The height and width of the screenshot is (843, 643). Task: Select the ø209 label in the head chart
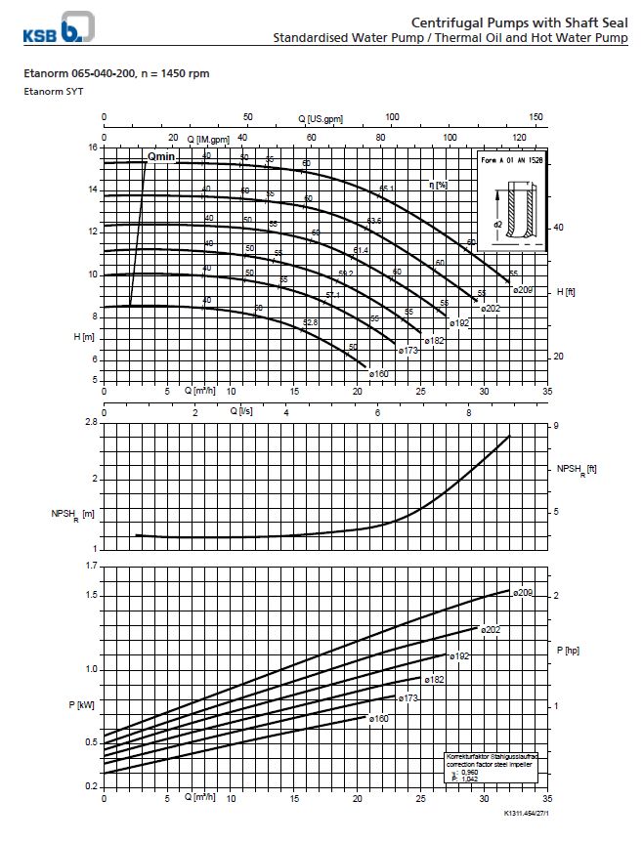click(522, 290)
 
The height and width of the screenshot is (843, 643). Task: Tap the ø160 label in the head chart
click(379, 373)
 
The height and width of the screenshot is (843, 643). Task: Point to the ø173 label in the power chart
click(408, 697)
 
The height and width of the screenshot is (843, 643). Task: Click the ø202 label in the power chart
click(491, 630)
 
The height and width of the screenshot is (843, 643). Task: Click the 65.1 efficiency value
click(387, 189)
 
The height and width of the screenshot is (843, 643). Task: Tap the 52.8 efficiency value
click(311, 322)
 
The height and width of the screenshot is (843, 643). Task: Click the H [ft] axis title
click(566, 292)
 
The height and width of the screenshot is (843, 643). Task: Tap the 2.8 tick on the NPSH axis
click(90, 422)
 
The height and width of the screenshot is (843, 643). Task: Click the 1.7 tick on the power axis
click(91, 566)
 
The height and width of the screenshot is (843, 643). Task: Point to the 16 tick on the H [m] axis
click(92, 148)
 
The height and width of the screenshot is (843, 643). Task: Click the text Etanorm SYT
click(47, 91)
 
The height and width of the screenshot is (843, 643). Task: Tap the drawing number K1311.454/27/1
click(528, 813)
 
